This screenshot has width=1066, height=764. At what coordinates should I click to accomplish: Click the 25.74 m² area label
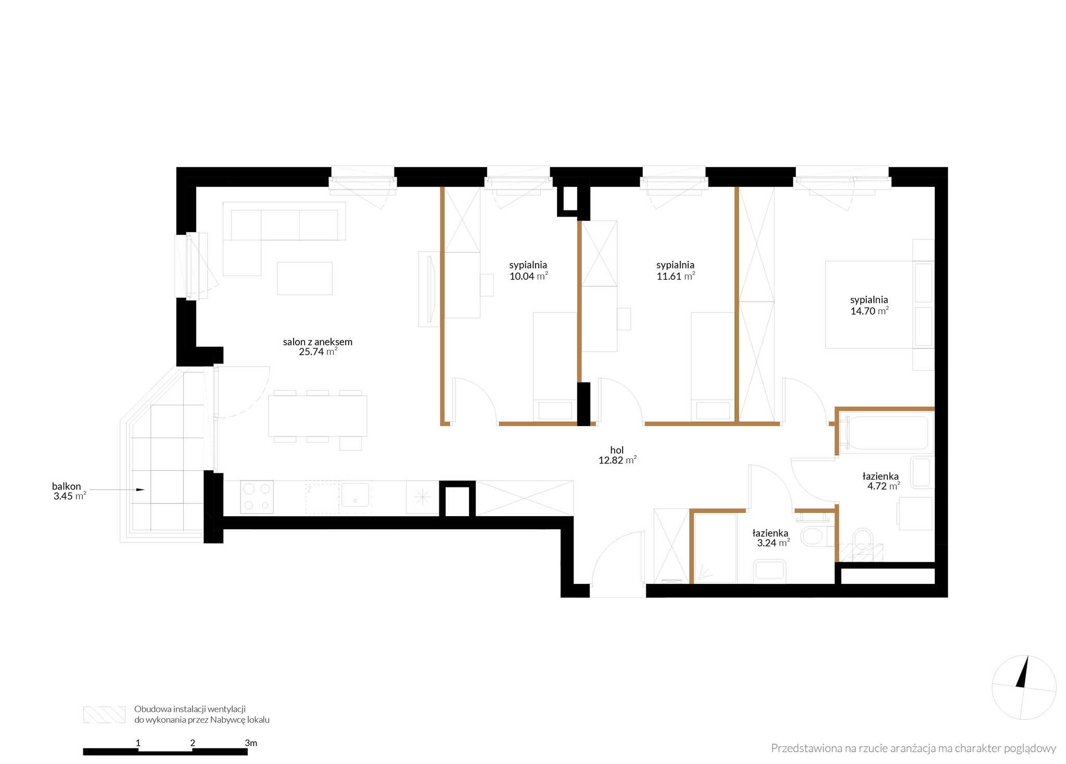click(318, 352)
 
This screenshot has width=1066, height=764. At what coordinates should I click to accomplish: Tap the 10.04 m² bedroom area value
click(528, 277)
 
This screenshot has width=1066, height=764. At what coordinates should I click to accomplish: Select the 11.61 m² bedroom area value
click(676, 277)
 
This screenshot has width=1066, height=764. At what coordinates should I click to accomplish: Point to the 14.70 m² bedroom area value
click(869, 311)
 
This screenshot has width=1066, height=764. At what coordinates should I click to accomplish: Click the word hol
click(617, 450)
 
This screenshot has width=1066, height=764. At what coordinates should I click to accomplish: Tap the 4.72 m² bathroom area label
click(883, 486)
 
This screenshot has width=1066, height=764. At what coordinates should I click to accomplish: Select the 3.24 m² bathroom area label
click(773, 543)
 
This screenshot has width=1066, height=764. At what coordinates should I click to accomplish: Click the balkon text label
click(67, 486)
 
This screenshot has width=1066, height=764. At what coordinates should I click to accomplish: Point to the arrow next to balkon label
click(117, 490)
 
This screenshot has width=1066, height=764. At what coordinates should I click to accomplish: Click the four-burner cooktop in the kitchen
click(257, 497)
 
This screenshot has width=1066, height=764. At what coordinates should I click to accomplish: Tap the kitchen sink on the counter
click(355, 495)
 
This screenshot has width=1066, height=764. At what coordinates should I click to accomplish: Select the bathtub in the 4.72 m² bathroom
click(885, 433)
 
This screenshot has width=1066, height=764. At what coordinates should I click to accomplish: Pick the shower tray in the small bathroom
click(716, 548)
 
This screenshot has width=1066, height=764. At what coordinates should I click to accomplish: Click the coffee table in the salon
click(304, 279)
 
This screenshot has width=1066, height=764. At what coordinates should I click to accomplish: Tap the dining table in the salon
click(318, 416)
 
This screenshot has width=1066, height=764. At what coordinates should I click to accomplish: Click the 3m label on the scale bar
click(251, 743)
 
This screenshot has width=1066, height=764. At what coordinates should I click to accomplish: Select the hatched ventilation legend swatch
click(104, 715)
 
